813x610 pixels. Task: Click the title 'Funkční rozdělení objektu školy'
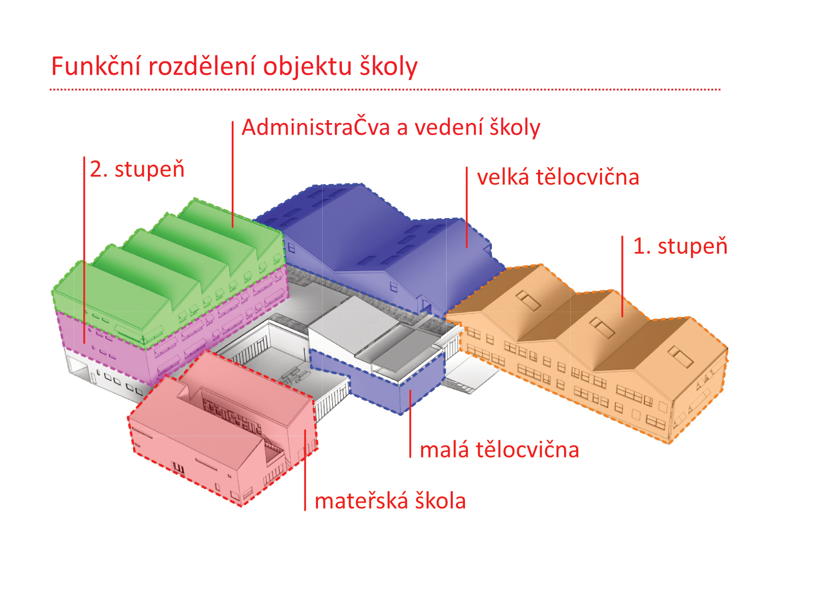234,67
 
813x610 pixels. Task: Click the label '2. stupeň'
137,169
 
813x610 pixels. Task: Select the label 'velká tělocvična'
557,177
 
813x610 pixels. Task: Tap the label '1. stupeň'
680,247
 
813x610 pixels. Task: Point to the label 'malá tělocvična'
499,450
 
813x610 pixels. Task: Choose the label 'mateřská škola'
390,501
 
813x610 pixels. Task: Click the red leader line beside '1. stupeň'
622,277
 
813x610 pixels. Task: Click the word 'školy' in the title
389,67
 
